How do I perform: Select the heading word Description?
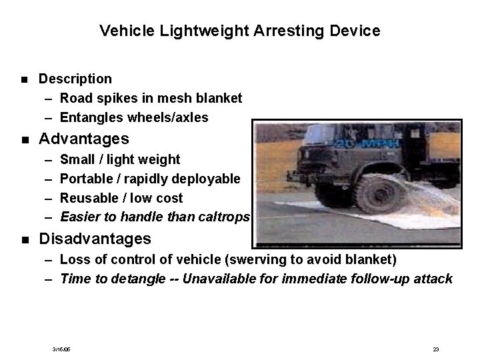pyautogui.click(x=75, y=79)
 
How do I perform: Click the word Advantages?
pyautogui.click(x=85, y=139)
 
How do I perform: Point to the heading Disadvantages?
pyautogui.click(x=95, y=238)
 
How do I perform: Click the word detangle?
pyautogui.click(x=123, y=279)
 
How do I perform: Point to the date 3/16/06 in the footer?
pyautogui.click(x=62, y=349)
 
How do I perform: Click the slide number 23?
pyautogui.click(x=435, y=349)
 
